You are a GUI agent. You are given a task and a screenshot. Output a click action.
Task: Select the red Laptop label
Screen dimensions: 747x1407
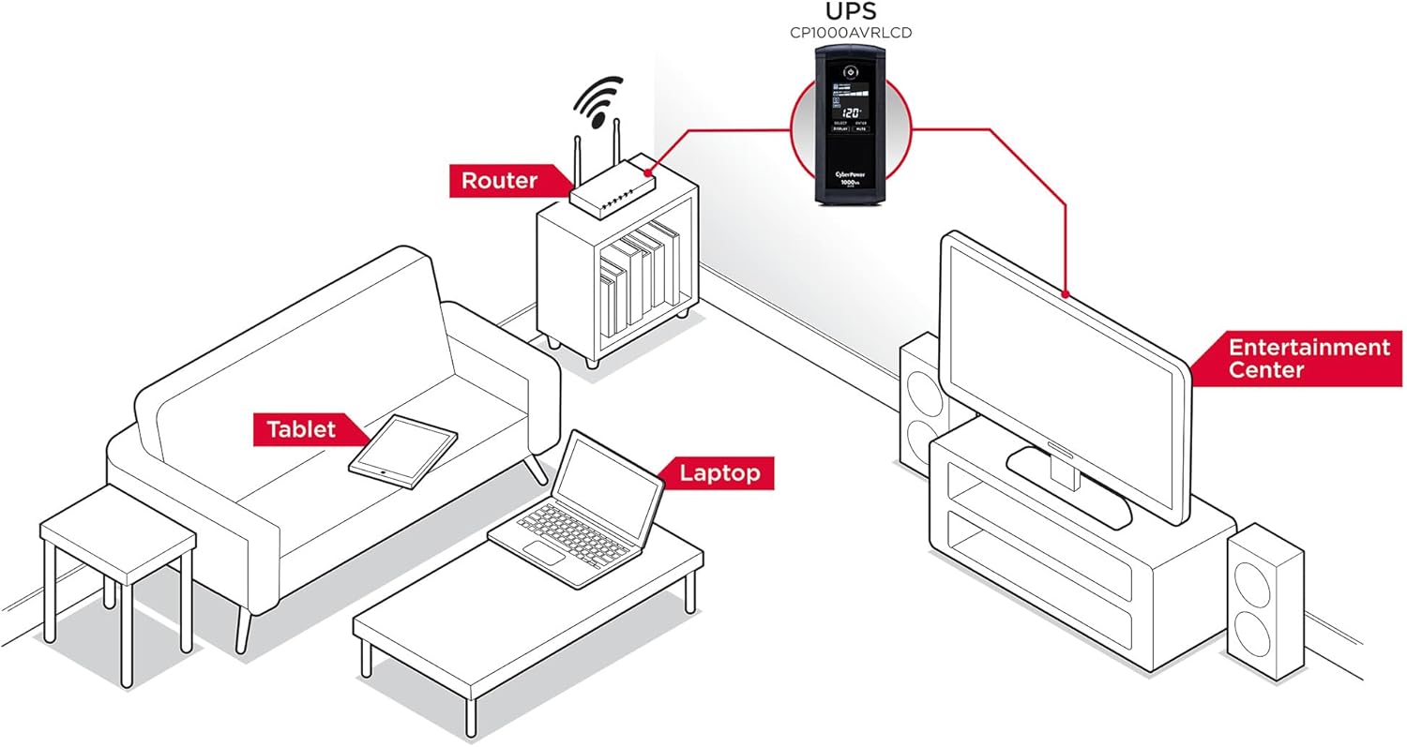coord(719,473)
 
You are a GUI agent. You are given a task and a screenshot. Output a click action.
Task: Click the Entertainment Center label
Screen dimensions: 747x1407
coord(1308,358)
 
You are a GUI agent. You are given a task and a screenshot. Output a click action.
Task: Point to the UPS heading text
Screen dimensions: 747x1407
coord(852,12)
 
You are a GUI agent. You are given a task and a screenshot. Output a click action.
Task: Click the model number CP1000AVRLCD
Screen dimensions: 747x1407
coord(852,33)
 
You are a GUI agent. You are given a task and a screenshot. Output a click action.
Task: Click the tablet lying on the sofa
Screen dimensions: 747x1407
coord(403,451)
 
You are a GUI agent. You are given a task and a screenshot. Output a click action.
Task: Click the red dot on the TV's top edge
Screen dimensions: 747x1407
coord(1067,295)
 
